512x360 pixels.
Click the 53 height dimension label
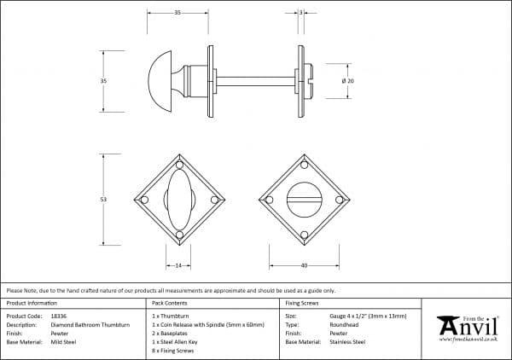tap(103, 200)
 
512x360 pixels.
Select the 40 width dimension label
tap(304, 266)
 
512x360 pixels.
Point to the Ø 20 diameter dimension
tap(347, 80)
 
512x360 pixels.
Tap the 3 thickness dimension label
tap(301, 13)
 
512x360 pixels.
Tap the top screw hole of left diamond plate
tap(179, 165)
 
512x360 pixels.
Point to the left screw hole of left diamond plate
tap(144, 200)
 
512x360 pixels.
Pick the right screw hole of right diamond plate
tap(339, 200)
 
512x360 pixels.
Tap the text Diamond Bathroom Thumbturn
tap(90, 324)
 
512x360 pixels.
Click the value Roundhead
tap(345, 324)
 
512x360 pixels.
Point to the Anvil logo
tap(467, 327)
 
